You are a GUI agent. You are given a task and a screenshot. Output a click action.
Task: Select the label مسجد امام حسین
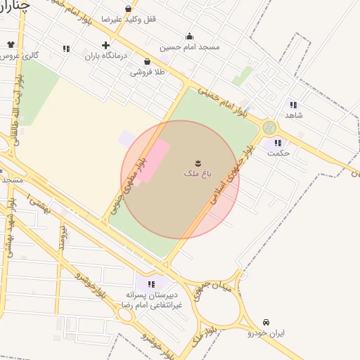click(189, 47)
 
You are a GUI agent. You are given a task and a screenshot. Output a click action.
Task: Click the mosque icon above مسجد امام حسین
click(189, 37)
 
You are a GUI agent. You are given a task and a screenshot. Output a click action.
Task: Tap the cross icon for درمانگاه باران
click(106, 45)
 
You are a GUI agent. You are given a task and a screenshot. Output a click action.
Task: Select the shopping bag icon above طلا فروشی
click(146, 62)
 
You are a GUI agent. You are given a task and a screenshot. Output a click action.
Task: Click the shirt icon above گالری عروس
click(11, 44)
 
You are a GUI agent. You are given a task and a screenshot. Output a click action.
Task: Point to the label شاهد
click(293, 114)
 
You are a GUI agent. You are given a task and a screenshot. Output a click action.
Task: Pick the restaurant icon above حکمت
click(278, 142)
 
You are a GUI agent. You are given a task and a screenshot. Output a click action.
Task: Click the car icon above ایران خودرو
click(266, 322)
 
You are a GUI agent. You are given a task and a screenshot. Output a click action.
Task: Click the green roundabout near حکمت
click(269, 128)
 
